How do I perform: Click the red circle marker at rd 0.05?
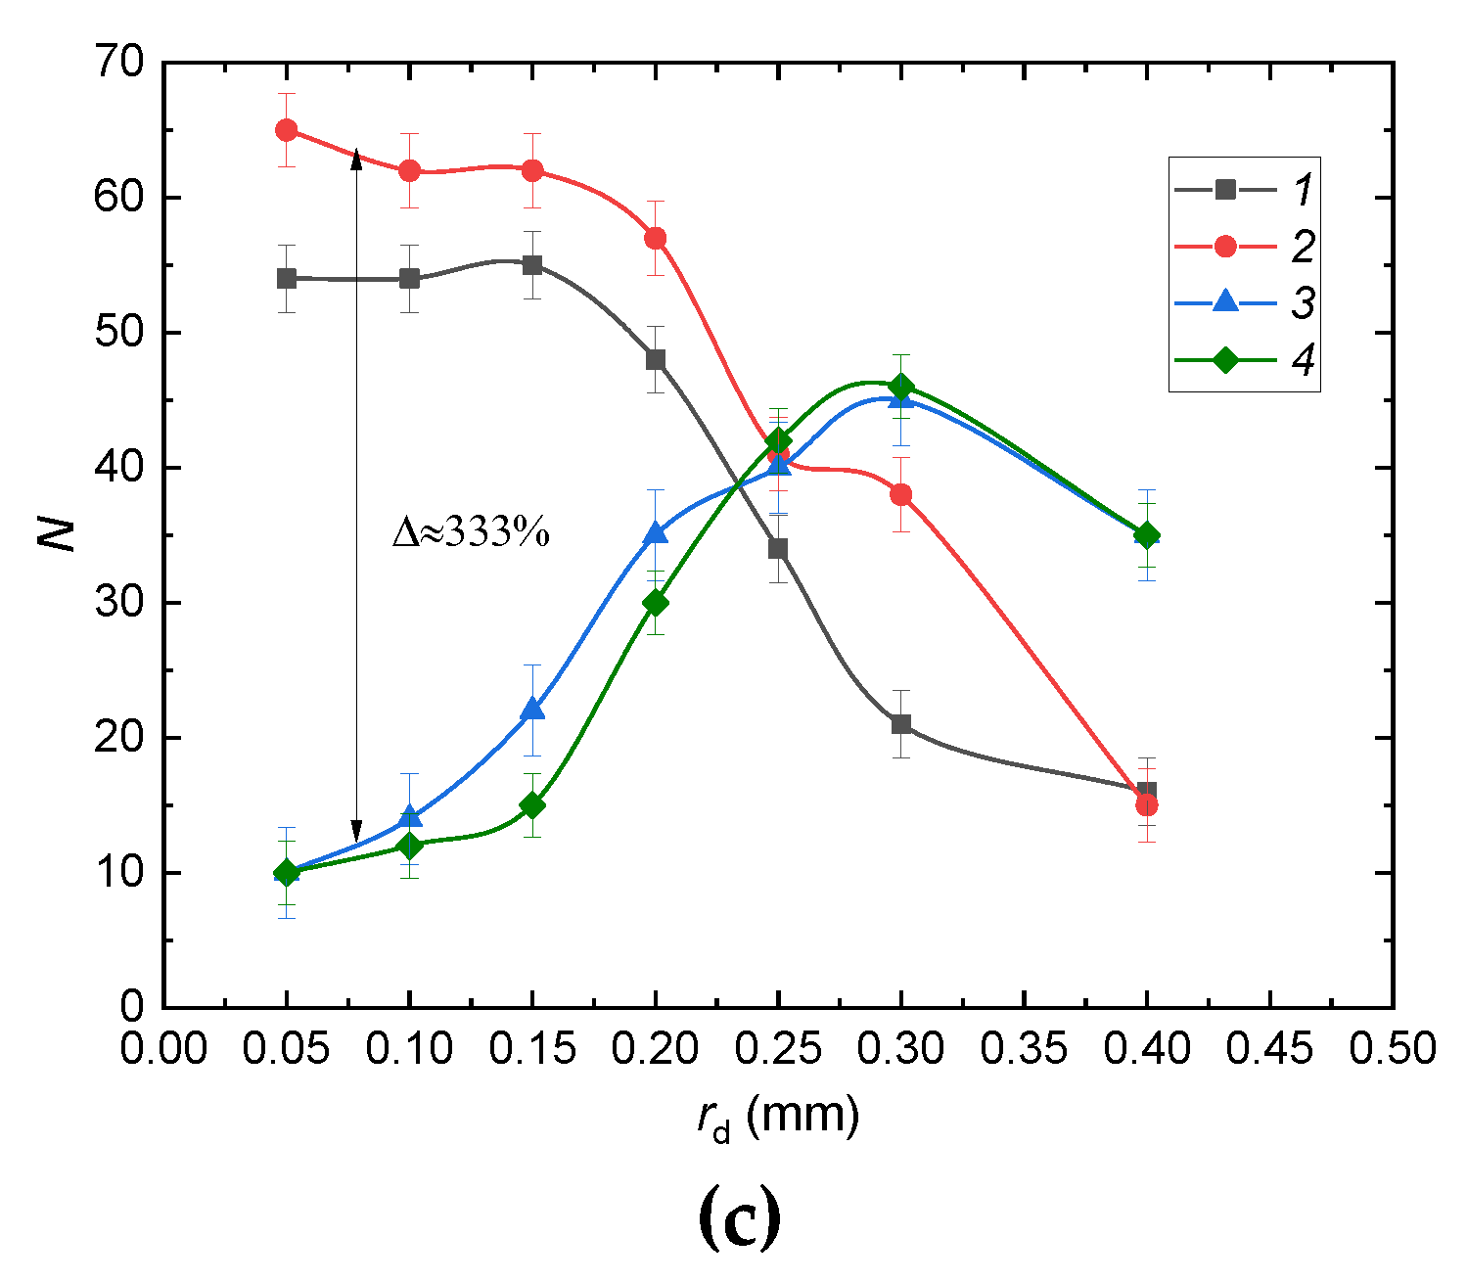tap(287, 130)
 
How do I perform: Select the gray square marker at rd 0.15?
tap(532, 265)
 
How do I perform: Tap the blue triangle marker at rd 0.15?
tap(532, 710)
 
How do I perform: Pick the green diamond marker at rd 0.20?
tap(656, 603)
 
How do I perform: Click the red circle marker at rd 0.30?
tap(901, 494)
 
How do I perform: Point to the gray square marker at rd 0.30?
tap(901, 724)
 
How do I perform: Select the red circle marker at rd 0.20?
tap(656, 238)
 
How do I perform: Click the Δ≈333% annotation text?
tap(471, 533)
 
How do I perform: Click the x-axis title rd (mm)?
tap(778, 1117)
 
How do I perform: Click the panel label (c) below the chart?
tap(740, 1217)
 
